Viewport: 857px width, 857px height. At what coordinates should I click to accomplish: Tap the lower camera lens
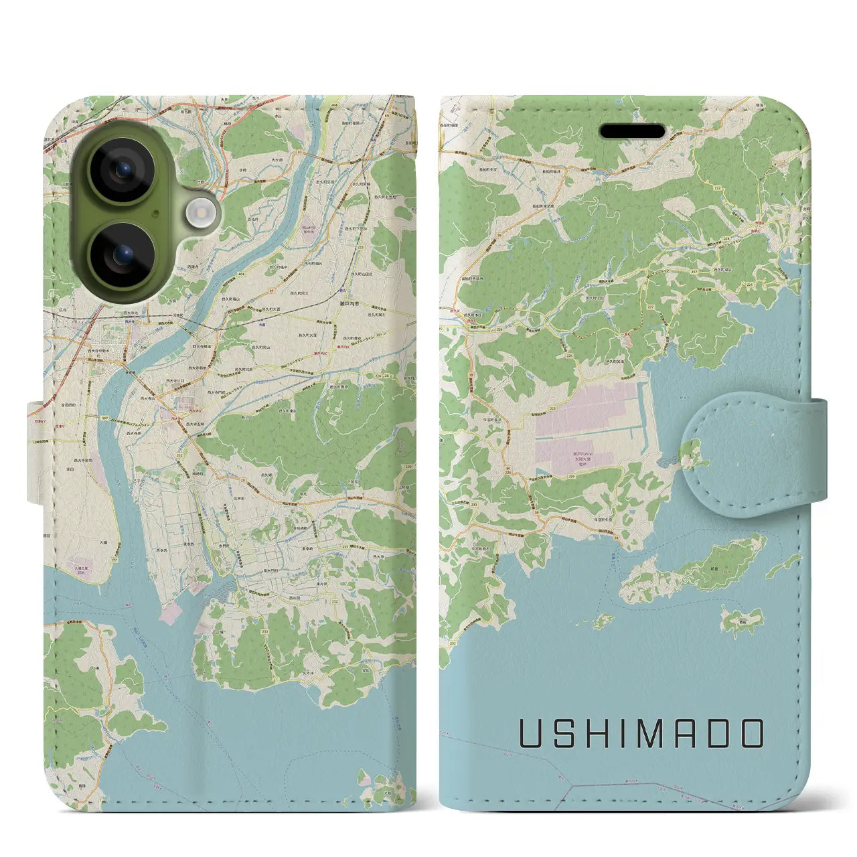[122, 255]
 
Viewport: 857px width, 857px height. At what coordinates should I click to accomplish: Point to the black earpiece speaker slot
[632, 131]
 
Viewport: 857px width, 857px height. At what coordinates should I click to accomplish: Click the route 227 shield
[651, 307]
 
